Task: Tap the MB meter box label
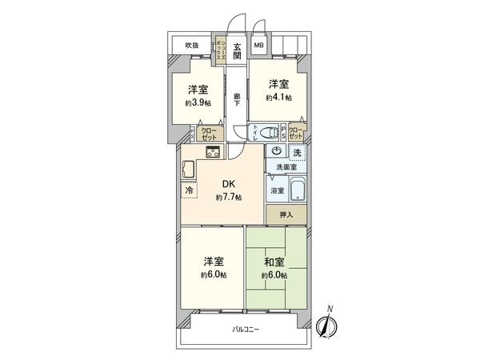click(258, 46)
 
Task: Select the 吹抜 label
click(191, 45)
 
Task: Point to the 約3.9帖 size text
click(199, 103)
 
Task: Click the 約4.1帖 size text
click(279, 98)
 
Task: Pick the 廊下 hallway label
click(238, 100)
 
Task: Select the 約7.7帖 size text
click(228, 196)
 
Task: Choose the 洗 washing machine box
click(297, 152)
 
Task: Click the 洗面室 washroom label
click(286, 166)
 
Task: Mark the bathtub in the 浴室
click(297, 191)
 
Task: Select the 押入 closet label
click(286, 214)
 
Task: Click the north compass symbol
click(326, 326)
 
